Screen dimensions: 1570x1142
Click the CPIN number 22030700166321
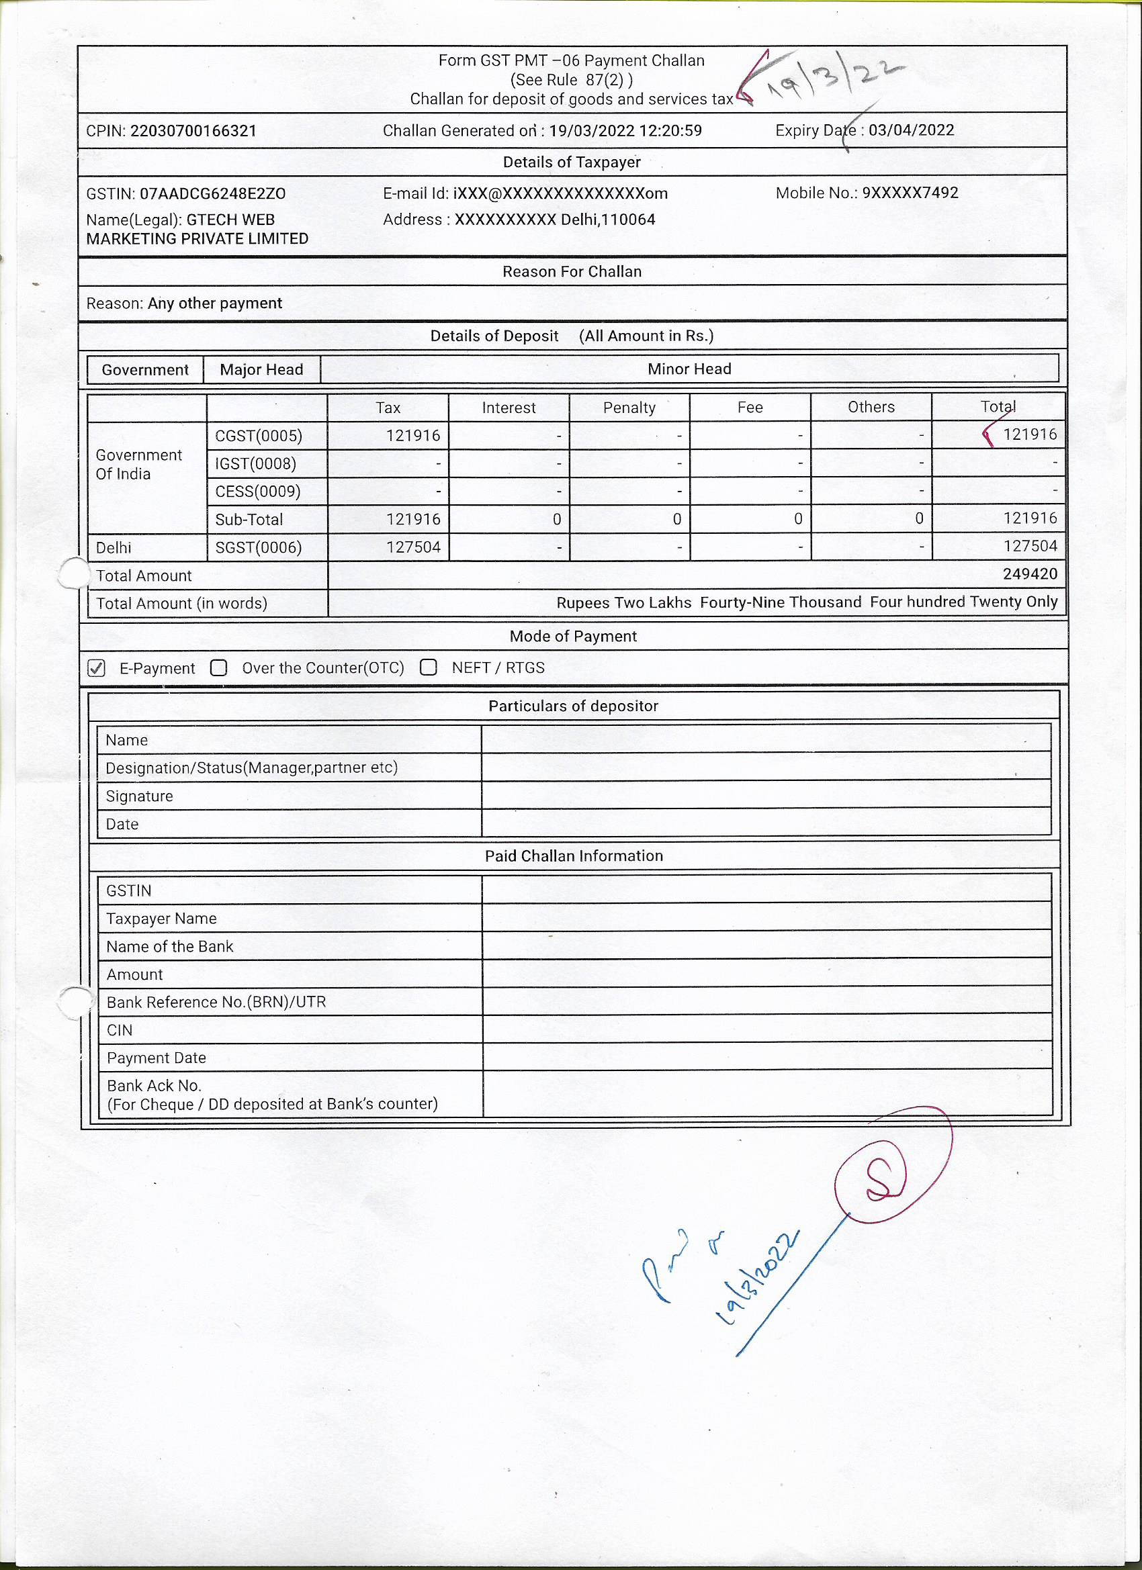pos(193,131)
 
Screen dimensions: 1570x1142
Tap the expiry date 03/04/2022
pos(911,130)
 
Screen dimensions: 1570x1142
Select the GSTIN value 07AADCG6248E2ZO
pos(212,194)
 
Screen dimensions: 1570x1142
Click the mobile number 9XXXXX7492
pos(910,193)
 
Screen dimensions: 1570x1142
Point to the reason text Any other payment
pos(215,304)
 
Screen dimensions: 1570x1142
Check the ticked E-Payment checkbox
pos(97,668)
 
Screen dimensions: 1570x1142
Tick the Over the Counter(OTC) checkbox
pos(219,667)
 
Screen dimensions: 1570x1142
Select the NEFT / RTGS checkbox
pos(429,667)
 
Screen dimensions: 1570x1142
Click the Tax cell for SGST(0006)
pos(413,547)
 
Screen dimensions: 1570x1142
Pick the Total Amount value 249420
pos(1030,574)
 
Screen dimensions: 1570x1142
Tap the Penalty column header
pos(629,408)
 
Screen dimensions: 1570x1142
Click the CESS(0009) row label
pos(258,492)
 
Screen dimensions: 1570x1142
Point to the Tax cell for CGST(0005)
pos(413,435)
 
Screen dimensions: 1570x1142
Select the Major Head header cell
pos(261,369)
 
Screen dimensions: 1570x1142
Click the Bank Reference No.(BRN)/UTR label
pos(216,1002)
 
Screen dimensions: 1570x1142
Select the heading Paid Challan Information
pos(574,856)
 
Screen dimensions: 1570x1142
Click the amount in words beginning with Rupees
pos(807,602)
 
